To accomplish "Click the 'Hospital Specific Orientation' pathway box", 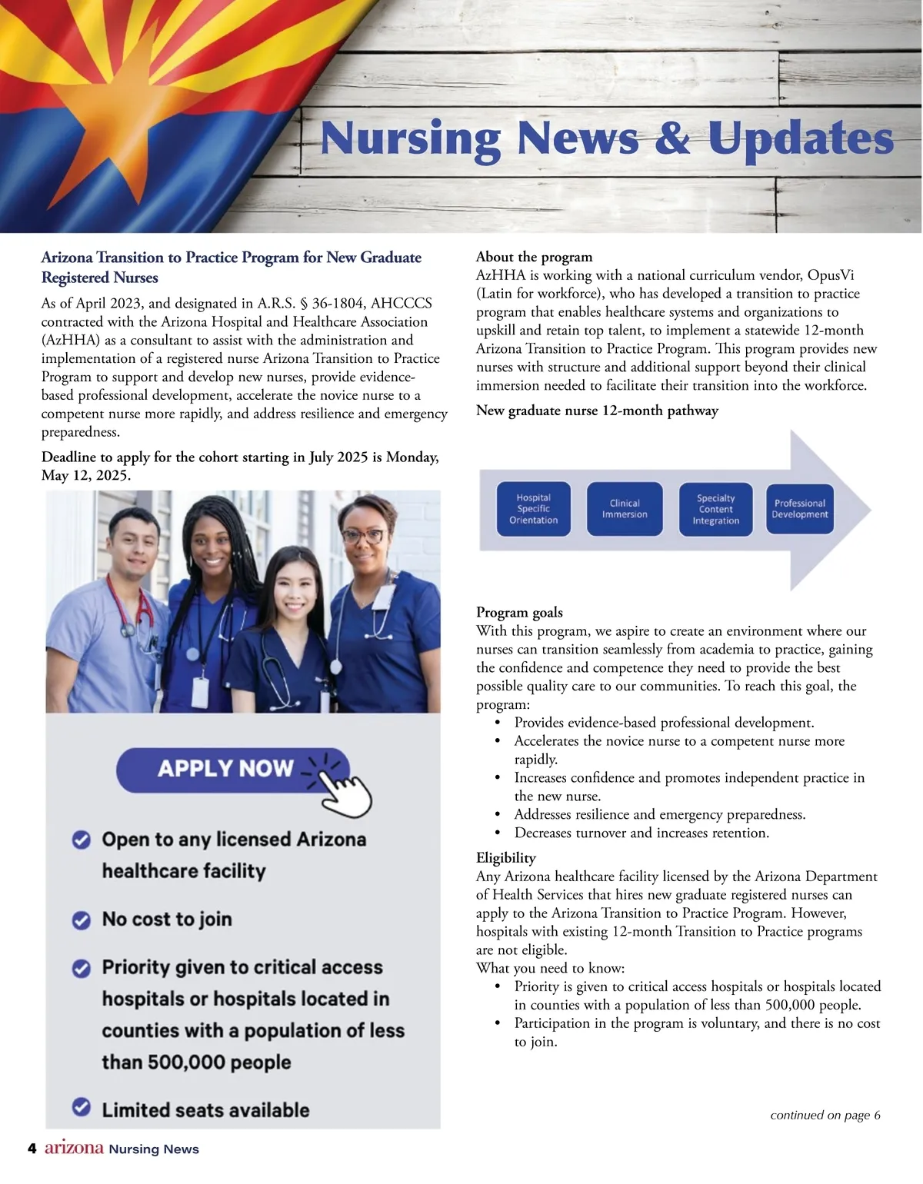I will coord(533,509).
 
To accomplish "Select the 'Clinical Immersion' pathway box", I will coord(624,509).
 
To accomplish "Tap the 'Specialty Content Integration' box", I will coord(715,509).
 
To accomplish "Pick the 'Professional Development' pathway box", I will coord(800,509).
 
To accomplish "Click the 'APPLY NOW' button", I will coord(226,769).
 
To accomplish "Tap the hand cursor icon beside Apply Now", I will coord(344,792).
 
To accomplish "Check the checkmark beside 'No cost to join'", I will coord(82,920).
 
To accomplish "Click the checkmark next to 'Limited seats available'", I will coord(82,1107).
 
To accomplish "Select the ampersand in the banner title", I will coord(673,139).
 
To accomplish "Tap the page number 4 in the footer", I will coord(32,1149).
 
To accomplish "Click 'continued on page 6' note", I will coord(825,1116).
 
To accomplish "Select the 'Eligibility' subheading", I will coord(506,858).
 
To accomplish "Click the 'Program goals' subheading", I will coord(519,613).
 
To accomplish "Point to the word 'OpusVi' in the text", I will coord(831,275).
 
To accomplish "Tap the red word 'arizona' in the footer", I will coord(74,1148).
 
